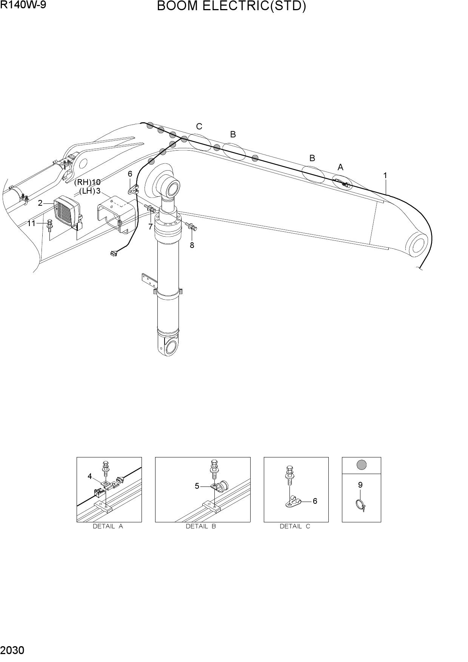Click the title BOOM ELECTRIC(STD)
pyautogui.click(x=231, y=6)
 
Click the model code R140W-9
pyautogui.click(x=23, y=5)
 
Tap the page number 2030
pyautogui.click(x=12, y=651)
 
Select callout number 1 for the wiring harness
pyautogui.click(x=385, y=176)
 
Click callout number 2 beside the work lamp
pyautogui.click(x=40, y=203)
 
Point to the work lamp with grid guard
pyautogui.click(x=67, y=212)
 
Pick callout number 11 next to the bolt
pyautogui.click(x=31, y=223)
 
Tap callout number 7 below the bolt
pyautogui.click(x=150, y=227)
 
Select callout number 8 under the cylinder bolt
pyautogui.click(x=192, y=245)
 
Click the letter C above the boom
pyautogui.click(x=199, y=126)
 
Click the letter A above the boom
pyautogui.click(x=340, y=167)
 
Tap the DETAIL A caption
pyautogui.click(x=108, y=526)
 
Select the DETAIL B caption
pyautogui.click(x=201, y=526)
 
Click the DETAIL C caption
pyautogui.click(x=295, y=526)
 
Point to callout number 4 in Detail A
pyautogui.click(x=90, y=476)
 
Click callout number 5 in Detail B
pyautogui.click(x=197, y=486)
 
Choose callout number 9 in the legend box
pyautogui.click(x=360, y=485)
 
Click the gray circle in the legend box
pyautogui.click(x=362, y=465)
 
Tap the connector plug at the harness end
pyautogui.click(x=112, y=254)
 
